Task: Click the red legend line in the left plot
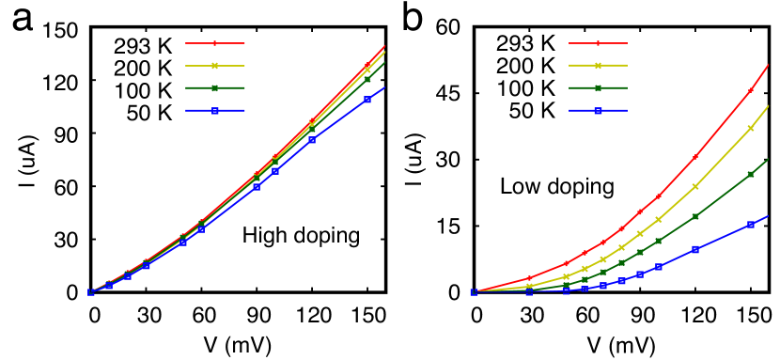(x=215, y=43)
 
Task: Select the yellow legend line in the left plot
(x=215, y=66)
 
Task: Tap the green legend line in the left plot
(x=215, y=88)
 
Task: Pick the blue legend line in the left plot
(x=215, y=111)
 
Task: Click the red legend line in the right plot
(x=598, y=43)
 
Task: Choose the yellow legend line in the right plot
(x=598, y=66)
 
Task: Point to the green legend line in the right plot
(x=598, y=88)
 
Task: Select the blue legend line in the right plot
(x=598, y=111)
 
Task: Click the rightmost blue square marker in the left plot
(x=367, y=99)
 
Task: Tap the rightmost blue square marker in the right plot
(x=751, y=225)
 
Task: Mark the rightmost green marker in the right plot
(x=751, y=174)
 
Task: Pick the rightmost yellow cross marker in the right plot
(x=751, y=128)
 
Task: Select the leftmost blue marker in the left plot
(x=91, y=293)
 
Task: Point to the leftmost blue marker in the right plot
(x=474, y=293)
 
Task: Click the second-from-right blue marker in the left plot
(x=312, y=140)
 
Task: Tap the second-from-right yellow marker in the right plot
(x=695, y=187)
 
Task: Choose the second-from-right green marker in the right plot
(x=695, y=216)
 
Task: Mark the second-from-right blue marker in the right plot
(x=695, y=249)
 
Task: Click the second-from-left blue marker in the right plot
(x=529, y=292)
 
